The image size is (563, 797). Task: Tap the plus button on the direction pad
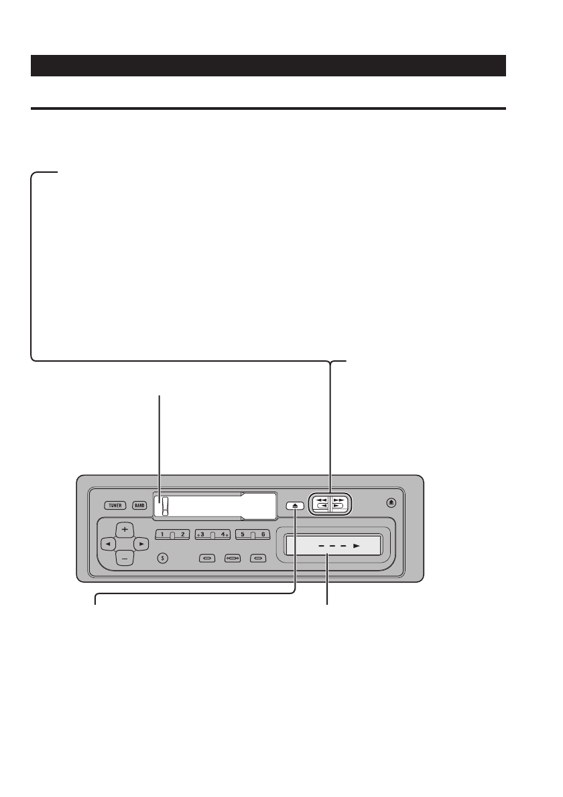tap(124, 529)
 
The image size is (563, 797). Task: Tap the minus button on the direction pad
tap(124, 557)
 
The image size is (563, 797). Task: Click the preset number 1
tap(163, 534)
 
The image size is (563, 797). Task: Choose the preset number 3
tap(202, 534)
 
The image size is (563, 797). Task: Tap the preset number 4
tap(221, 534)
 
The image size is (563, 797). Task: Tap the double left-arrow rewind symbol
tap(321, 500)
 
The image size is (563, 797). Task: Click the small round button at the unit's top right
tap(393, 503)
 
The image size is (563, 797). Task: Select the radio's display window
tap(214, 506)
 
